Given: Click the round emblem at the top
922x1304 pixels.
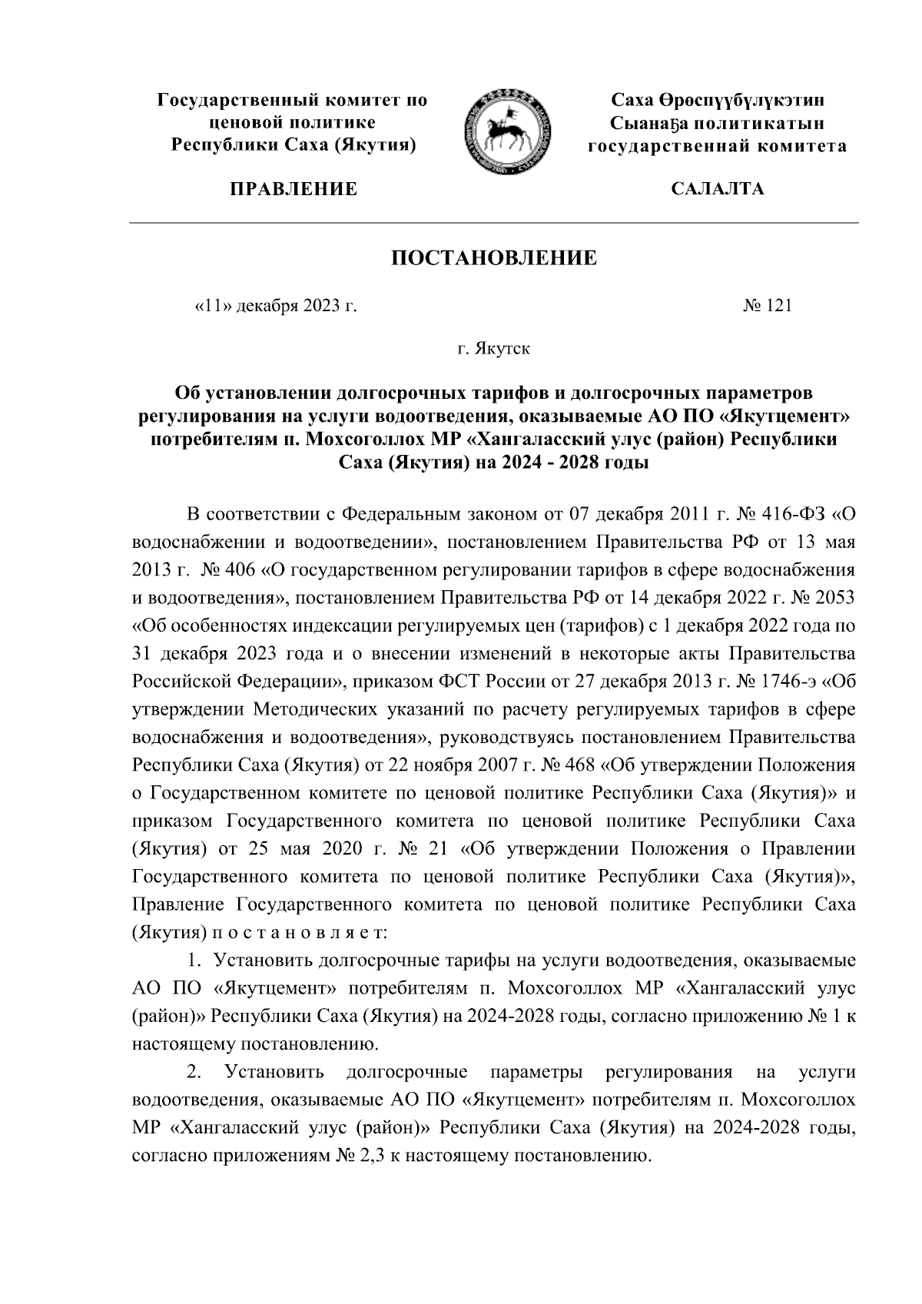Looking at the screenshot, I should (506, 130).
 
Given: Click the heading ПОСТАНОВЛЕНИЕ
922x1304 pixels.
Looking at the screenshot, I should (493, 258).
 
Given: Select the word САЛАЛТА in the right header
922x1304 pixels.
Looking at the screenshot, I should (717, 189).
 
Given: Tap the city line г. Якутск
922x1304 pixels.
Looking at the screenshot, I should (493, 350).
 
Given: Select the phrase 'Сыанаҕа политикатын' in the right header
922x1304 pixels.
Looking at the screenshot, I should (718, 123).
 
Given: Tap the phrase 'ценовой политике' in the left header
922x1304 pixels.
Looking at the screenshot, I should (292, 123).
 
